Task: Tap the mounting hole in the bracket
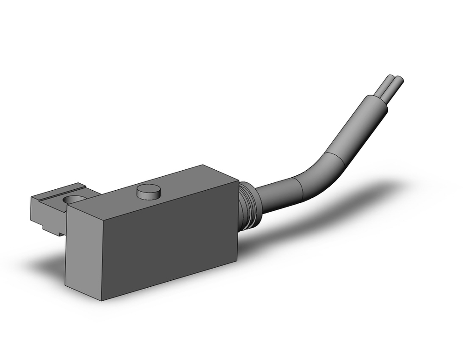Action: click(x=75, y=199)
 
